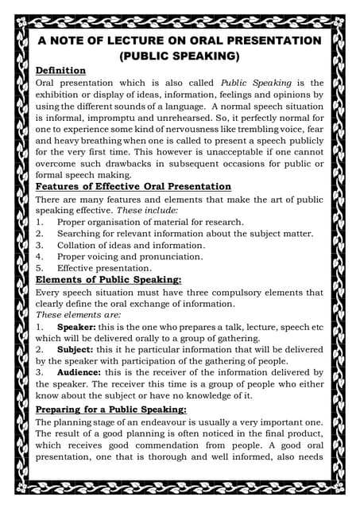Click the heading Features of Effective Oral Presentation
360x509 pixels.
pos(134,186)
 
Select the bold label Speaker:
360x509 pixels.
pos(78,327)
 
